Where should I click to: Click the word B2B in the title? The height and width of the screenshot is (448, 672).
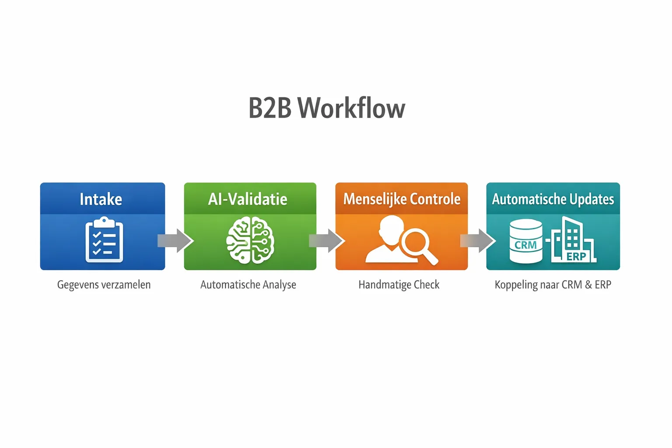coord(269,108)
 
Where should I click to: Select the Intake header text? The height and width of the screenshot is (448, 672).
coord(101,199)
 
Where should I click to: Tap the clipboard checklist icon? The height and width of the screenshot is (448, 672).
coord(104,240)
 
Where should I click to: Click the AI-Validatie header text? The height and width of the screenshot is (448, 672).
coord(248,199)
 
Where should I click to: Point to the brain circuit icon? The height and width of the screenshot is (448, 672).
coord(250,241)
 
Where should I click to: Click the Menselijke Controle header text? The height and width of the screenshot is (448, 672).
coord(402,199)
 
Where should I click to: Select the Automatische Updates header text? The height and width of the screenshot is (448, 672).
coord(553,199)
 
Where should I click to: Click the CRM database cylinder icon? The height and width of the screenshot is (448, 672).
coord(526,241)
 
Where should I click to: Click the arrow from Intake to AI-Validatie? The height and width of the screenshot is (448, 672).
coord(175,241)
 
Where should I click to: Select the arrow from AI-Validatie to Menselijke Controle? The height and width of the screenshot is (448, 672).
coord(327,241)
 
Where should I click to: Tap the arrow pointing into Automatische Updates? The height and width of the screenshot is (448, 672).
coord(478,241)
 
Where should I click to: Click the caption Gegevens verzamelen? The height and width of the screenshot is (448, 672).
coord(104,285)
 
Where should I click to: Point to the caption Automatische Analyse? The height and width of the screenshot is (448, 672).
coord(248,285)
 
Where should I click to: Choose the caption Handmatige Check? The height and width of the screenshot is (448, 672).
coord(399,285)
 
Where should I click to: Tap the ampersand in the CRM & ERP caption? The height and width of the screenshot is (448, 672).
coord(588,285)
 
